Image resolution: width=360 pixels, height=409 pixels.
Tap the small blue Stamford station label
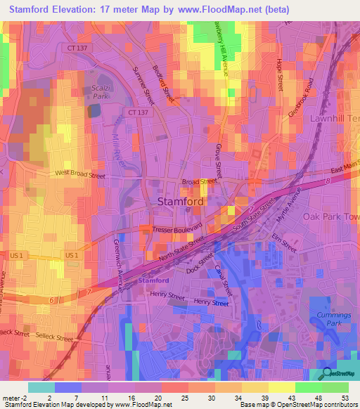153,280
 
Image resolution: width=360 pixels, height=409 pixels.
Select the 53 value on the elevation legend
344,398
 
